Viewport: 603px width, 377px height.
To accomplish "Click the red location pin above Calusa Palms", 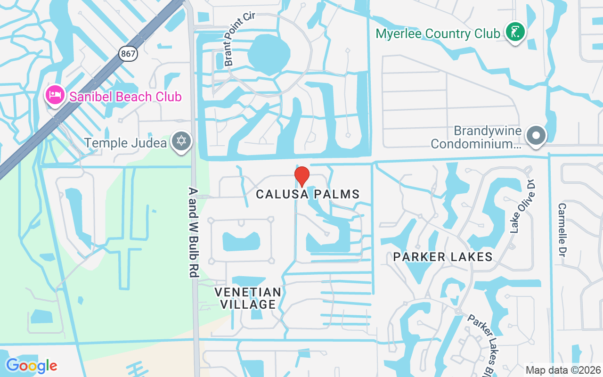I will click(x=301, y=176).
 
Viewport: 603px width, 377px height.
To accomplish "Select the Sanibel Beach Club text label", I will click(x=125, y=97).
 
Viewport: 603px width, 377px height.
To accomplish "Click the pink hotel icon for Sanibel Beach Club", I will click(x=55, y=95).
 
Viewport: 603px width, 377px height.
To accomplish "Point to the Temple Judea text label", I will click(x=125, y=142).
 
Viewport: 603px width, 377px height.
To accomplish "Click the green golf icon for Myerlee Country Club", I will click(x=515, y=32).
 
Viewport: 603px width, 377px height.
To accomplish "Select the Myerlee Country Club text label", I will click(x=438, y=34).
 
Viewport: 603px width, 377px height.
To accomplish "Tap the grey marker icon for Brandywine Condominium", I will click(x=535, y=136).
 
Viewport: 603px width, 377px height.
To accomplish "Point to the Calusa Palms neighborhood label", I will click(x=308, y=194).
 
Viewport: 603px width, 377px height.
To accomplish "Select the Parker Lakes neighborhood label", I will click(x=443, y=257).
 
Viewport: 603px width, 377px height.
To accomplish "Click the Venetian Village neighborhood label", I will click(x=248, y=298).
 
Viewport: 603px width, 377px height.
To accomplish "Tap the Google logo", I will click(x=32, y=366).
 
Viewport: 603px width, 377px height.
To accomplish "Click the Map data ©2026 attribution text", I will click(x=563, y=370).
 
